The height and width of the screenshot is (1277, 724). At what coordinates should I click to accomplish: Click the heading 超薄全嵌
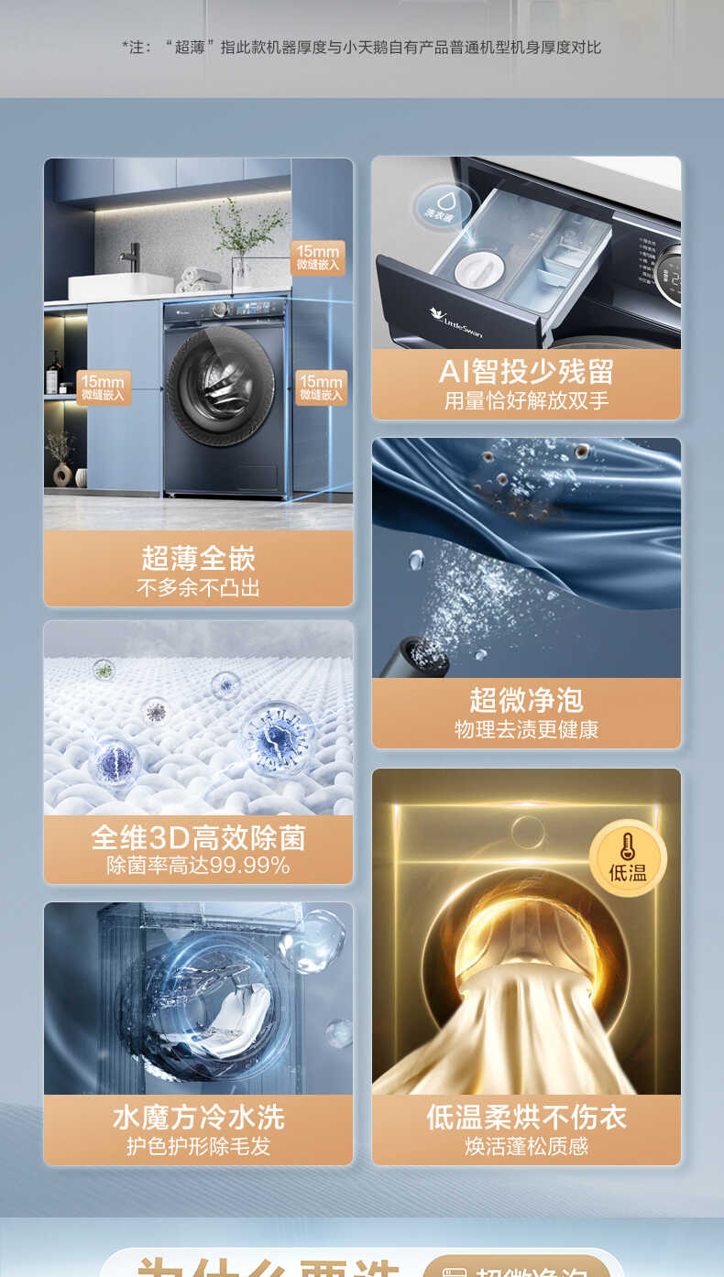pyautogui.click(x=198, y=558)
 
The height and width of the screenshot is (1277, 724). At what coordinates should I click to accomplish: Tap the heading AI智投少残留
pyautogui.click(x=526, y=372)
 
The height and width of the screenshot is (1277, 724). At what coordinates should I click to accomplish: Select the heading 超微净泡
pyautogui.click(x=526, y=700)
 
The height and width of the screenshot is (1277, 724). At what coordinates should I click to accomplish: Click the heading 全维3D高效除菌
pyautogui.click(x=198, y=837)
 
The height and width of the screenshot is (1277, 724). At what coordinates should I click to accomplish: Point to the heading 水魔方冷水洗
pyautogui.click(x=198, y=1117)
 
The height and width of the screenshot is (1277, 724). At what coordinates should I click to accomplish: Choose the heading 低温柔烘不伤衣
pyautogui.click(x=526, y=1117)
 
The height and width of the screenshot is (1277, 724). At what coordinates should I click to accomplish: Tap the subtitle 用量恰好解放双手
pyautogui.click(x=526, y=401)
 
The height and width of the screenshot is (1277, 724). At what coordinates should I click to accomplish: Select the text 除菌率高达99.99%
pyautogui.click(x=198, y=866)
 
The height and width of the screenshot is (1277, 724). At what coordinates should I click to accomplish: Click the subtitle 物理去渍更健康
pyautogui.click(x=526, y=730)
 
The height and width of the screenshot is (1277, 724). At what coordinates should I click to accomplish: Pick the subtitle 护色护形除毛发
pyautogui.click(x=198, y=1146)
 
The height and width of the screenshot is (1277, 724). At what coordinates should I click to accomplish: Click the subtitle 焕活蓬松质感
pyautogui.click(x=526, y=1146)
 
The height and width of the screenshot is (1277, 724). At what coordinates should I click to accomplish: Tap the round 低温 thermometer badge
pyautogui.click(x=628, y=858)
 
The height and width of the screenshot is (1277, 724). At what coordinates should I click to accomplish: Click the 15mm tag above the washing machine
pyautogui.click(x=317, y=257)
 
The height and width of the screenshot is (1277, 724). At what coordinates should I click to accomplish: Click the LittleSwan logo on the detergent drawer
pyautogui.click(x=455, y=315)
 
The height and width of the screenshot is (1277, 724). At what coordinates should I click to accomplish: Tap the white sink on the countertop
pyautogui.click(x=120, y=286)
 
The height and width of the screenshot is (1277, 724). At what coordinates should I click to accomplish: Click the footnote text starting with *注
pyautogui.click(x=362, y=47)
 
